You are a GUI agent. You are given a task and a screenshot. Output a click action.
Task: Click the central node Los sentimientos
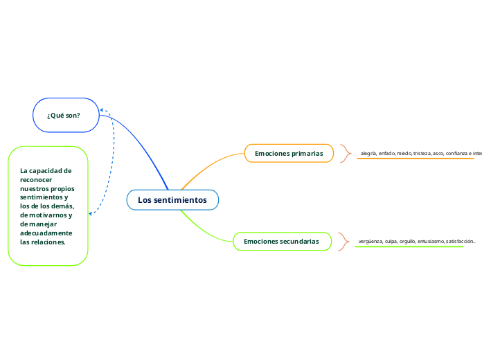tap(172, 200)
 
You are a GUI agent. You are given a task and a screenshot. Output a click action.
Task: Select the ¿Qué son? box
tap(66, 115)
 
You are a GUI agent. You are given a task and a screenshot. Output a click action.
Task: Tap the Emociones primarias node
tap(289, 153)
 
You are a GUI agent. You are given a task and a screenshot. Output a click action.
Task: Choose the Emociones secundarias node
tap(281, 242)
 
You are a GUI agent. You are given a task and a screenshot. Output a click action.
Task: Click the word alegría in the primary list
tap(368, 153)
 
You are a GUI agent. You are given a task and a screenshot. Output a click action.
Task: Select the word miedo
tap(404, 153)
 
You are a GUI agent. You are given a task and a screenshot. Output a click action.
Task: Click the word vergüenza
tap(371, 242)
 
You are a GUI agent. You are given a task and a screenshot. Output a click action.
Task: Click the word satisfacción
tap(460, 242)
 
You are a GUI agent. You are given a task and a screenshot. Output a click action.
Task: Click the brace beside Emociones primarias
tap(346, 153)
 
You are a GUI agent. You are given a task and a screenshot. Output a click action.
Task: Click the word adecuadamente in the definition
tap(46, 233)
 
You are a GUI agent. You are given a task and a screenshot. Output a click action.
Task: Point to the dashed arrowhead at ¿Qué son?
tap(102, 110)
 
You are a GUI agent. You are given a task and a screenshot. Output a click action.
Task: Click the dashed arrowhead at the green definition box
tap(91, 214)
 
